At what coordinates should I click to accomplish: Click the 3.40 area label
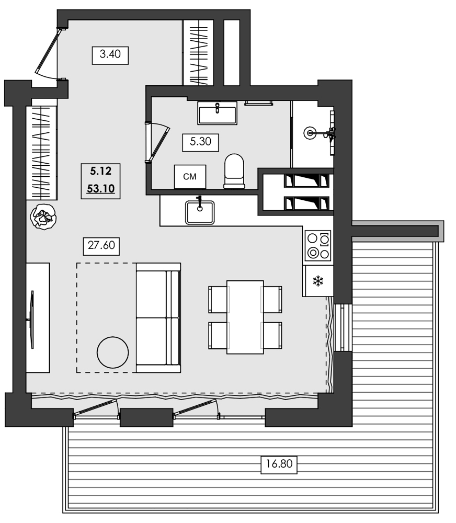pos(110,54)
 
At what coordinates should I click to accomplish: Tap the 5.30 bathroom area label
pos(200,142)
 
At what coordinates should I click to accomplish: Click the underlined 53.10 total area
pos(100,189)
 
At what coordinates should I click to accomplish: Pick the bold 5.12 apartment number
pos(100,170)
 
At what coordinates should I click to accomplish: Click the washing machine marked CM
pos(190,177)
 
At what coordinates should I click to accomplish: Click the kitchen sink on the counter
pos(200,212)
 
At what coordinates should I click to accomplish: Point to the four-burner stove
pos(318,245)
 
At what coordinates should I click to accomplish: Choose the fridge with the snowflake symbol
pos(317,281)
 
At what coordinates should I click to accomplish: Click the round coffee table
pos(113,352)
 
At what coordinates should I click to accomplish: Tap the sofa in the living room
pos(158,317)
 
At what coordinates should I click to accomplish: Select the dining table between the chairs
pos(245,317)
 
